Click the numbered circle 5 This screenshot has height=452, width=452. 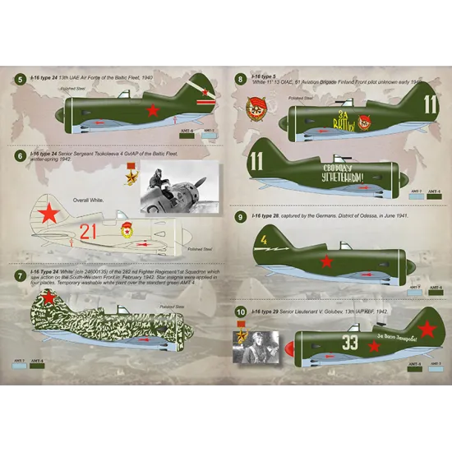point(19,79)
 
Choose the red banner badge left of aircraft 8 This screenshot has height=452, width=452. point(254,113)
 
